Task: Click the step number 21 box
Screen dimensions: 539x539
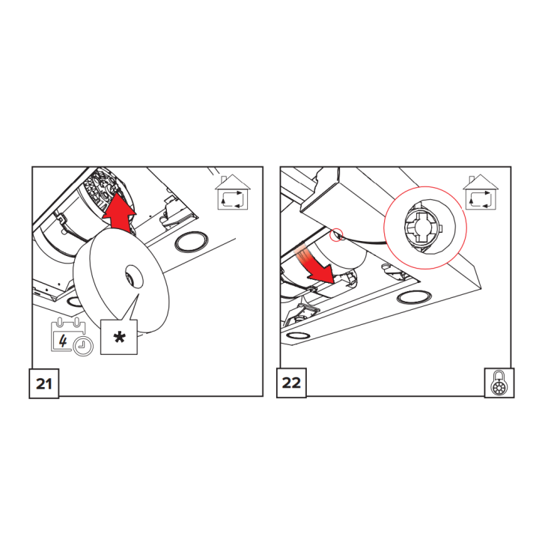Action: [44, 383]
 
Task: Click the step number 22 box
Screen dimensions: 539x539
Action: [291, 383]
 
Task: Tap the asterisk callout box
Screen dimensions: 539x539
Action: [119, 337]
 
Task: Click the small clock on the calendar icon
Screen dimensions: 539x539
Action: [84, 346]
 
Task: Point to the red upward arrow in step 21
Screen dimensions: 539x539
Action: [119, 212]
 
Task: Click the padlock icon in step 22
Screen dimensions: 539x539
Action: [499, 383]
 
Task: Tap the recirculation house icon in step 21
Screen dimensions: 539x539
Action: [233, 192]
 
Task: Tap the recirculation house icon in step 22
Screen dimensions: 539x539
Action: [481, 192]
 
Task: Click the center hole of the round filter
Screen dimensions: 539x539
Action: [134, 276]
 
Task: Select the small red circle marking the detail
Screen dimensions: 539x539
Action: [337, 235]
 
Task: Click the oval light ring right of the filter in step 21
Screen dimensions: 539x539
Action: [192, 242]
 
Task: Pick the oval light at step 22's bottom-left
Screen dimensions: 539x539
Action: [298, 335]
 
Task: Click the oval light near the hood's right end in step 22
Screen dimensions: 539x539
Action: [414, 297]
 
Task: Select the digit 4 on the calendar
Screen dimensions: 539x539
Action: [63, 341]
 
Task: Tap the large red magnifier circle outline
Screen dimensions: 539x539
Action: [425, 187]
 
